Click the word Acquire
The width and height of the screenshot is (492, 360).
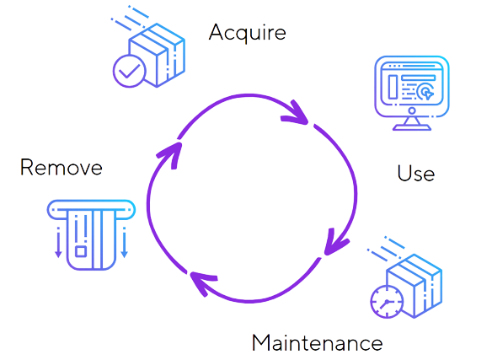pyautogui.click(x=247, y=33)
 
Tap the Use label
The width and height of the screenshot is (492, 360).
pyautogui.click(x=415, y=173)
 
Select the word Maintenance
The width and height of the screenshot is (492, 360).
pyautogui.click(x=318, y=342)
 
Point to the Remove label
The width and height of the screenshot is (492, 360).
pyautogui.click(x=61, y=167)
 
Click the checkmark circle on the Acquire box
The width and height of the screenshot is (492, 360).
pyautogui.click(x=129, y=71)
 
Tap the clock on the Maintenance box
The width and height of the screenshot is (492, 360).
pyautogui.click(x=387, y=302)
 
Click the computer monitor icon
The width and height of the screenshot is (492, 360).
pyautogui.click(x=412, y=93)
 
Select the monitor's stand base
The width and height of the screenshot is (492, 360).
pyautogui.click(x=412, y=127)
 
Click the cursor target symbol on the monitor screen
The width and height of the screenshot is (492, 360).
pyautogui.click(x=425, y=92)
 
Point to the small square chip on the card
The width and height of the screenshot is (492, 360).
pyautogui.click(x=81, y=251)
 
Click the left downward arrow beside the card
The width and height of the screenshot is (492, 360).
pyautogui.click(x=58, y=242)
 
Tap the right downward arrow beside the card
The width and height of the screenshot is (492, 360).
pyautogui.click(x=124, y=242)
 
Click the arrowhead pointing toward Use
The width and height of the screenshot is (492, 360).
pyautogui.click(x=295, y=113)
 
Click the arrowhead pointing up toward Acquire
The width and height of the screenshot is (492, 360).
pyautogui.click(x=170, y=155)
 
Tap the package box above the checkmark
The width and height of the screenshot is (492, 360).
pyautogui.click(x=157, y=55)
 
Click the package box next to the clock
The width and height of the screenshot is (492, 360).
pyautogui.click(x=414, y=286)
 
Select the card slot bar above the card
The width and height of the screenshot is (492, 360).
pyautogui.click(x=91, y=210)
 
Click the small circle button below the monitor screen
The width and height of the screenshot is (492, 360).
pyautogui.click(x=412, y=110)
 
